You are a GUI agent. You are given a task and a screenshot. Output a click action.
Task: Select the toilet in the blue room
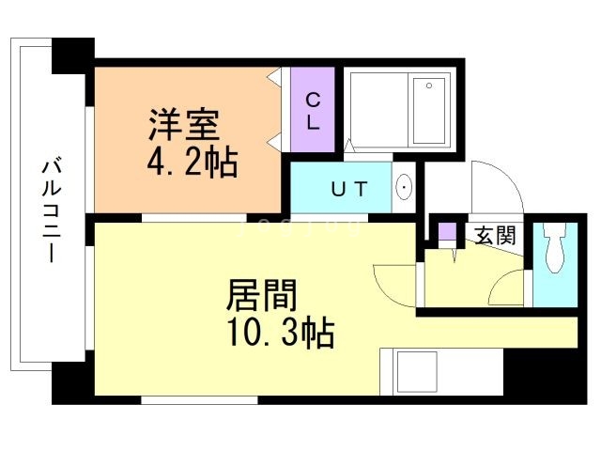point(554,252)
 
